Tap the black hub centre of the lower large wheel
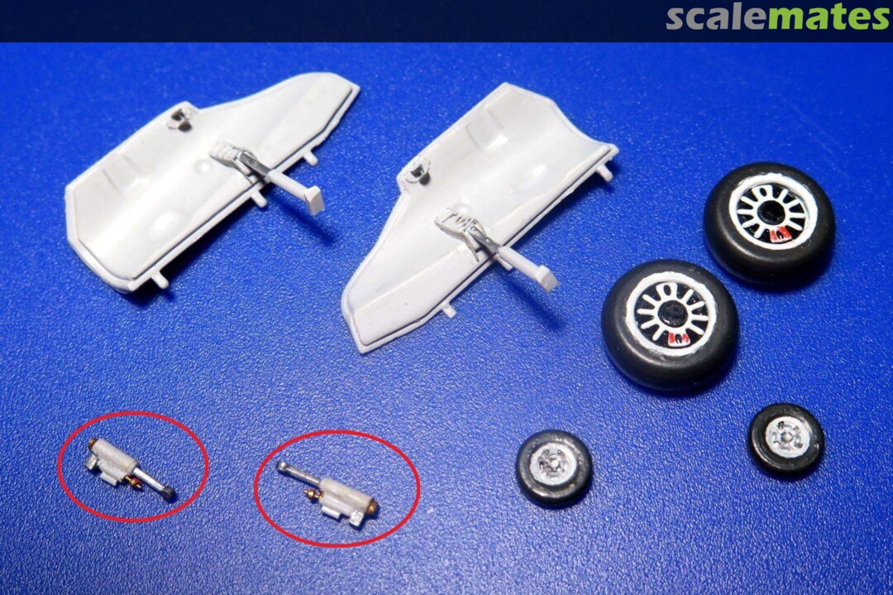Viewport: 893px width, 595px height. [x=670, y=314]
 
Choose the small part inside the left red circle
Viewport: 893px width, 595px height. [x=130, y=469]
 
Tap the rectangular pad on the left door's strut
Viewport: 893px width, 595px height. [x=314, y=200]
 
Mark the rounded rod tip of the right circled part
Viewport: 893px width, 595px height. [x=282, y=467]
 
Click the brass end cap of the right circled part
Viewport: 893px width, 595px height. [x=370, y=504]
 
